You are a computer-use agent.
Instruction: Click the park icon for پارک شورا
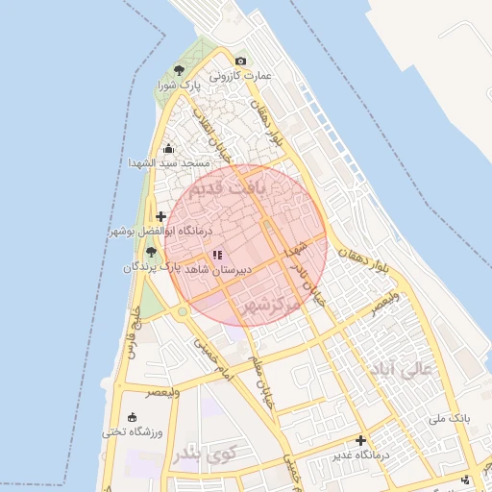click(178, 70)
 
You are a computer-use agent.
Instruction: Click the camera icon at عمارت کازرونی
click(240, 61)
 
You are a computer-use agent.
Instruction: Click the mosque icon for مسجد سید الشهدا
click(169, 148)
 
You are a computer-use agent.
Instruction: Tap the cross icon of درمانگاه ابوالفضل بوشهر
click(160, 217)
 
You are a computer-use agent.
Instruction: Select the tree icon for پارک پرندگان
click(151, 251)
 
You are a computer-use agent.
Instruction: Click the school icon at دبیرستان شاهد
click(217, 255)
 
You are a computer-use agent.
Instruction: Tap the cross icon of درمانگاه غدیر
click(360, 440)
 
